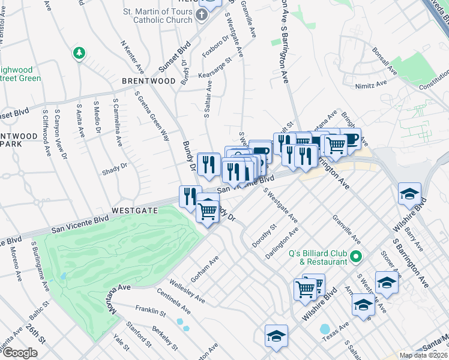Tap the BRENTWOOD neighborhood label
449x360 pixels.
click(149, 81)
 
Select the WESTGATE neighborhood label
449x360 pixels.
click(134, 211)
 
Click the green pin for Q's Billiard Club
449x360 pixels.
click(355, 257)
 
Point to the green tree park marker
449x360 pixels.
click(79, 54)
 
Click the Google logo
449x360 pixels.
click(20, 353)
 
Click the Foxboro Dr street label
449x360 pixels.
click(215, 47)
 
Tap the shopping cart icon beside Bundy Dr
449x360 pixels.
click(208, 210)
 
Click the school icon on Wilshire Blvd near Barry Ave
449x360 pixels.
click(409, 194)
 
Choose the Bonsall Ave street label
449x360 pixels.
click(384, 62)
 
